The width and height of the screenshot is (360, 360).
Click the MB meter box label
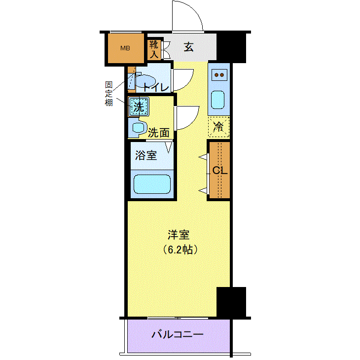[x=125, y=48]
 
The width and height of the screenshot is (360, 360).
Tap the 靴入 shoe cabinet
[x=154, y=50]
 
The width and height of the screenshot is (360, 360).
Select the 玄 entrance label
[x=188, y=47]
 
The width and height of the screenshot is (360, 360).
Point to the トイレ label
[x=156, y=87]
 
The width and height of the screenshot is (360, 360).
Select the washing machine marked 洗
[x=139, y=107]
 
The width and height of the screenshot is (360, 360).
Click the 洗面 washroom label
[x=159, y=133]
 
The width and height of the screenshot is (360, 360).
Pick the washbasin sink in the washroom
[x=138, y=128]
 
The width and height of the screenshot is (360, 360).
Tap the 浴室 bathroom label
[x=146, y=155]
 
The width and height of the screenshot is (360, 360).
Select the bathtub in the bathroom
[x=152, y=184]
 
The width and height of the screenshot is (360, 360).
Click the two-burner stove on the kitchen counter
[x=219, y=75]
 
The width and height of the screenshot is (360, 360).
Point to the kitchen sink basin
[x=217, y=100]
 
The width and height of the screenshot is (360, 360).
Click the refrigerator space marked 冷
[x=219, y=127]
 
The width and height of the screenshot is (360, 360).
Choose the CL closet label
[x=220, y=170]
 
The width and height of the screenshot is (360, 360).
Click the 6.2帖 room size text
[x=180, y=250]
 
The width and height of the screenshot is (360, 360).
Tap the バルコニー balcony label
[x=178, y=334]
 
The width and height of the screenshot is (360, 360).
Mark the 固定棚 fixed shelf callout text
[x=108, y=94]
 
